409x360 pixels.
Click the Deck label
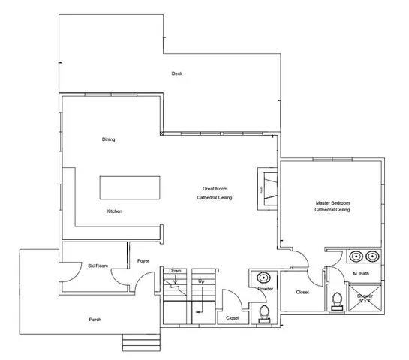(177, 73)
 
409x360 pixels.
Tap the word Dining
(109, 139)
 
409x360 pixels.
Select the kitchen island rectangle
(131, 187)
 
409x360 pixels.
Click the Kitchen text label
(114, 211)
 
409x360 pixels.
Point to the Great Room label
(215, 188)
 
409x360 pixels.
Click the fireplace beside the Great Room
(266, 183)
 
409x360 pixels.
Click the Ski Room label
(95, 265)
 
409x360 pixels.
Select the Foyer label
(143, 261)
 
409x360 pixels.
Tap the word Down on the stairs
(175, 271)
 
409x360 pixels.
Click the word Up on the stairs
(201, 281)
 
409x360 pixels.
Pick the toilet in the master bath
(338, 301)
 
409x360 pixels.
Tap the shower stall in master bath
(365, 298)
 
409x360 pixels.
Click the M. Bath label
(360, 273)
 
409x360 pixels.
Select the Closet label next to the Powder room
(302, 292)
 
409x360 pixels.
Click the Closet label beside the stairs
(233, 318)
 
